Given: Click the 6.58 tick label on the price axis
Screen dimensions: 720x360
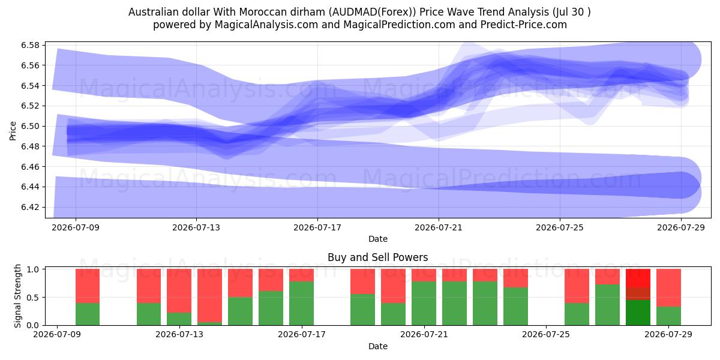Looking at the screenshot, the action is coord(31,45).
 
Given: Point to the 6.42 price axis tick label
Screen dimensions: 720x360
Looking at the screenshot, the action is coord(31,207).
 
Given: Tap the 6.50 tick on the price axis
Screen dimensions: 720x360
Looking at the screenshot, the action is coord(31,126).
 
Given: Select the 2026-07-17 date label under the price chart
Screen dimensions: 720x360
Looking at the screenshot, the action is coord(317,227).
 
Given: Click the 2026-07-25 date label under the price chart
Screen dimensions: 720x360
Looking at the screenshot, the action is coord(560,227).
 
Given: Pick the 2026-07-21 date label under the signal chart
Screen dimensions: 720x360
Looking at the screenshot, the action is coord(424,334).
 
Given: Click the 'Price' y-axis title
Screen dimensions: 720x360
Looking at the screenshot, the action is coord(13,131).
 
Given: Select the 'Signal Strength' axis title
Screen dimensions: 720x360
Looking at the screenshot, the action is coord(17,296).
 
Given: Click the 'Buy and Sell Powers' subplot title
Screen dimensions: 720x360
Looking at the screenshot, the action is coord(377,257).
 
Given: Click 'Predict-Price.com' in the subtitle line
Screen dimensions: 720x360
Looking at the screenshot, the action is coord(524,25).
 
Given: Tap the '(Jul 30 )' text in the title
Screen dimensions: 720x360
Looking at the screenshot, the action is coord(571,12).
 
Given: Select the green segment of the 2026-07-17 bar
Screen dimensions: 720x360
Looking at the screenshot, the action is coord(301,304).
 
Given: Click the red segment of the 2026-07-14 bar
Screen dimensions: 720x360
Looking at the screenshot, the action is coord(209,296).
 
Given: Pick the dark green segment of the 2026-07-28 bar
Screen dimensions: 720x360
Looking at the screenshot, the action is coord(638,313).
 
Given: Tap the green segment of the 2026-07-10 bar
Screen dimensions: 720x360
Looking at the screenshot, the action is coord(88,314).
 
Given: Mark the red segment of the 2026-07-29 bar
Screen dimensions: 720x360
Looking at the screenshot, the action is coord(668,288).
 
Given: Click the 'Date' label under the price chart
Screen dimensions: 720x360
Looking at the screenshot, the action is coord(377,239).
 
